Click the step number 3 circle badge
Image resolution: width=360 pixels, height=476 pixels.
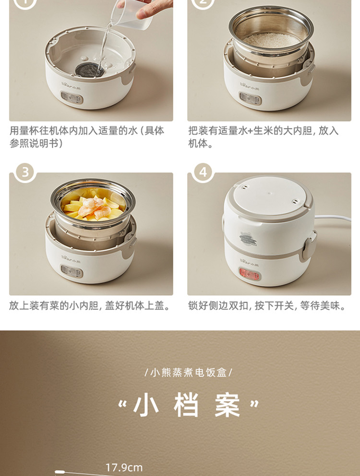tap(25, 172)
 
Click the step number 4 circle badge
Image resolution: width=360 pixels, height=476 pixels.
tap(203, 172)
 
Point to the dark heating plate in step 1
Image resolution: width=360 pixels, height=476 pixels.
tap(90, 70)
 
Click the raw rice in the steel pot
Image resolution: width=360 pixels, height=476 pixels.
tap(271, 40)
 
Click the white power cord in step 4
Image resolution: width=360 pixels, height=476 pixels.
tap(333, 218)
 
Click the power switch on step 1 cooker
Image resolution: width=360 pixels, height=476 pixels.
tap(72, 98)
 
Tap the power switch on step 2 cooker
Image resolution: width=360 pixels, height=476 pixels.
tap(250, 98)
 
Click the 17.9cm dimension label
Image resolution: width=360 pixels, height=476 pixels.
tap(124, 467)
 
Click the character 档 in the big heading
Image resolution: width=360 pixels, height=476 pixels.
tap(186, 405)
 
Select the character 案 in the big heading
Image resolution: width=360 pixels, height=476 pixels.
tap(227, 405)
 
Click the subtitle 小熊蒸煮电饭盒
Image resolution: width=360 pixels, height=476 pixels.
tap(188, 372)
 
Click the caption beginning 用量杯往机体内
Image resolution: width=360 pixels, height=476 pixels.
tap(87, 136)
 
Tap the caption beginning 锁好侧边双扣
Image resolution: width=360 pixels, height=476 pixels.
tap(267, 305)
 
